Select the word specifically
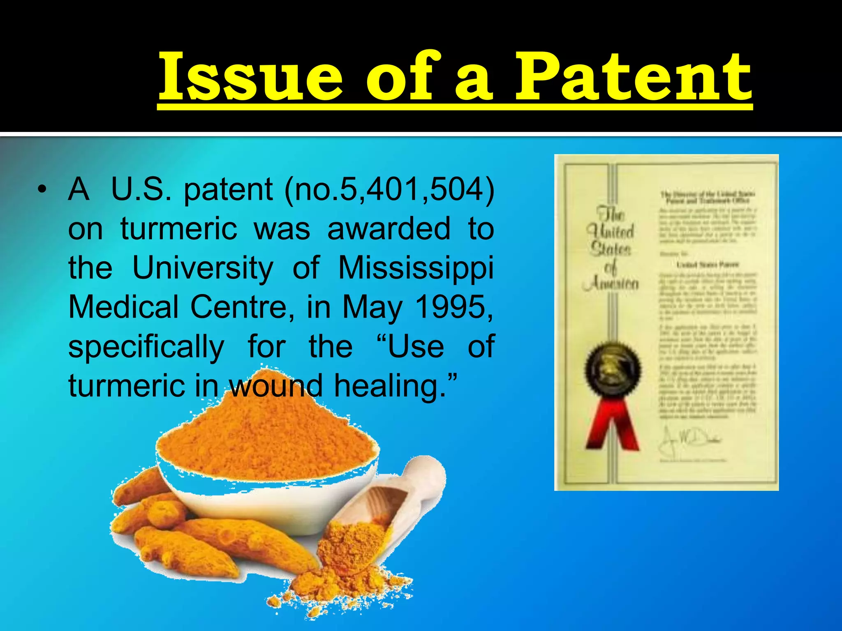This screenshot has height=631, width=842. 146,347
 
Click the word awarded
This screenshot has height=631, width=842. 389,229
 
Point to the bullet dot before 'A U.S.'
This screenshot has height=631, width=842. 41,190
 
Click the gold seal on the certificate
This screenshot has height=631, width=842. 612,370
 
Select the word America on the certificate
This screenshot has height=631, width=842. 611,283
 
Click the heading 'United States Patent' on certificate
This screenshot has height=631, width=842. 707,265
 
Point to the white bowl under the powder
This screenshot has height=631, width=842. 263,501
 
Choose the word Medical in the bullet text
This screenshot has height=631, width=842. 123,307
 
